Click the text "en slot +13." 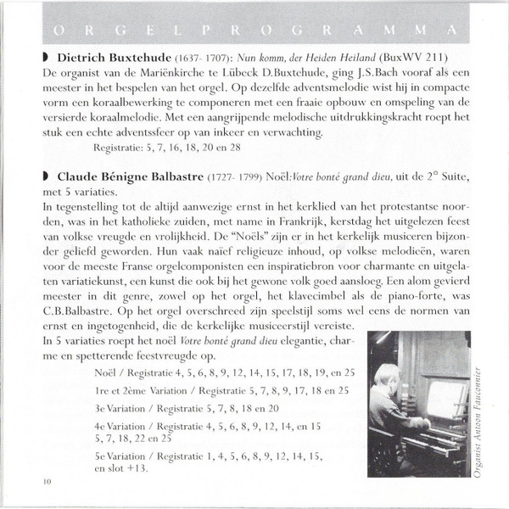coord(122,467)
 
